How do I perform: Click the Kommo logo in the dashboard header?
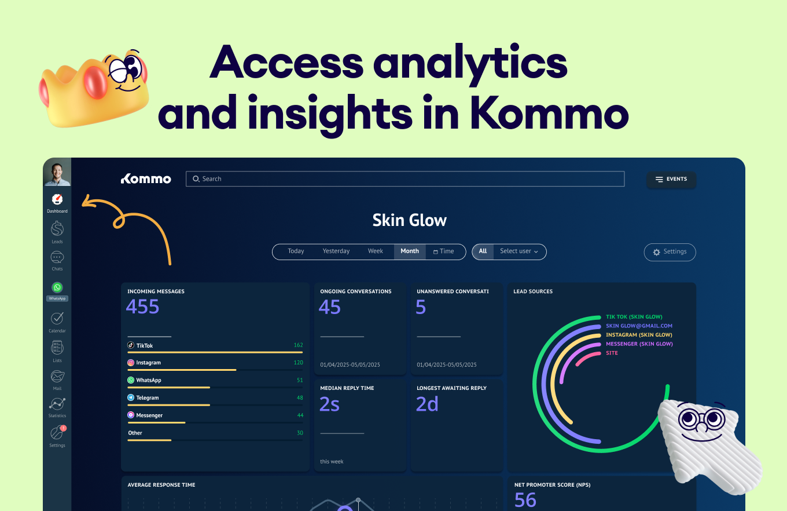(146, 179)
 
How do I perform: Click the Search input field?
(405, 179)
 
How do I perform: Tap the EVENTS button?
(671, 180)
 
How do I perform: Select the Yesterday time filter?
(336, 251)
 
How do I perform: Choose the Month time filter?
(410, 251)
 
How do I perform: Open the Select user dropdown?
(519, 251)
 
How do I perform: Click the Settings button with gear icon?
(670, 252)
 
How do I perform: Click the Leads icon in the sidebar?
(57, 229)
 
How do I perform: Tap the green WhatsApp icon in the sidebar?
(57, 287)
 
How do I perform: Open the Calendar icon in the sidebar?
(57, 319)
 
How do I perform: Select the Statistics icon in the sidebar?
(57, 404)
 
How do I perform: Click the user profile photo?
(57, 172)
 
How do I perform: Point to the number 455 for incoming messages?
(143, 306)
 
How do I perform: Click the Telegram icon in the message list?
(131, 398)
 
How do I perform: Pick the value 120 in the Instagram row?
(298, 363)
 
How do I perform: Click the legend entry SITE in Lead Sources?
(612, 353)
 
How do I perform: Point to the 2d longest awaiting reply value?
(427, 404)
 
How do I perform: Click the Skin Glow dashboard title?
(410, 220)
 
